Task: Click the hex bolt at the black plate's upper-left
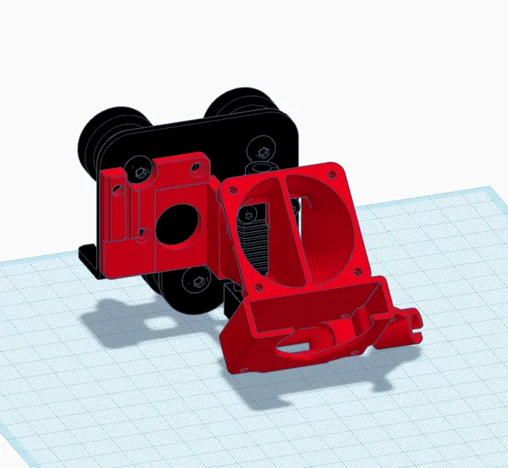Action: point(139,171)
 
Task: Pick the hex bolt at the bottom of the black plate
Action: point(197,282)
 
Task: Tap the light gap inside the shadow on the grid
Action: point(158,318)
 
